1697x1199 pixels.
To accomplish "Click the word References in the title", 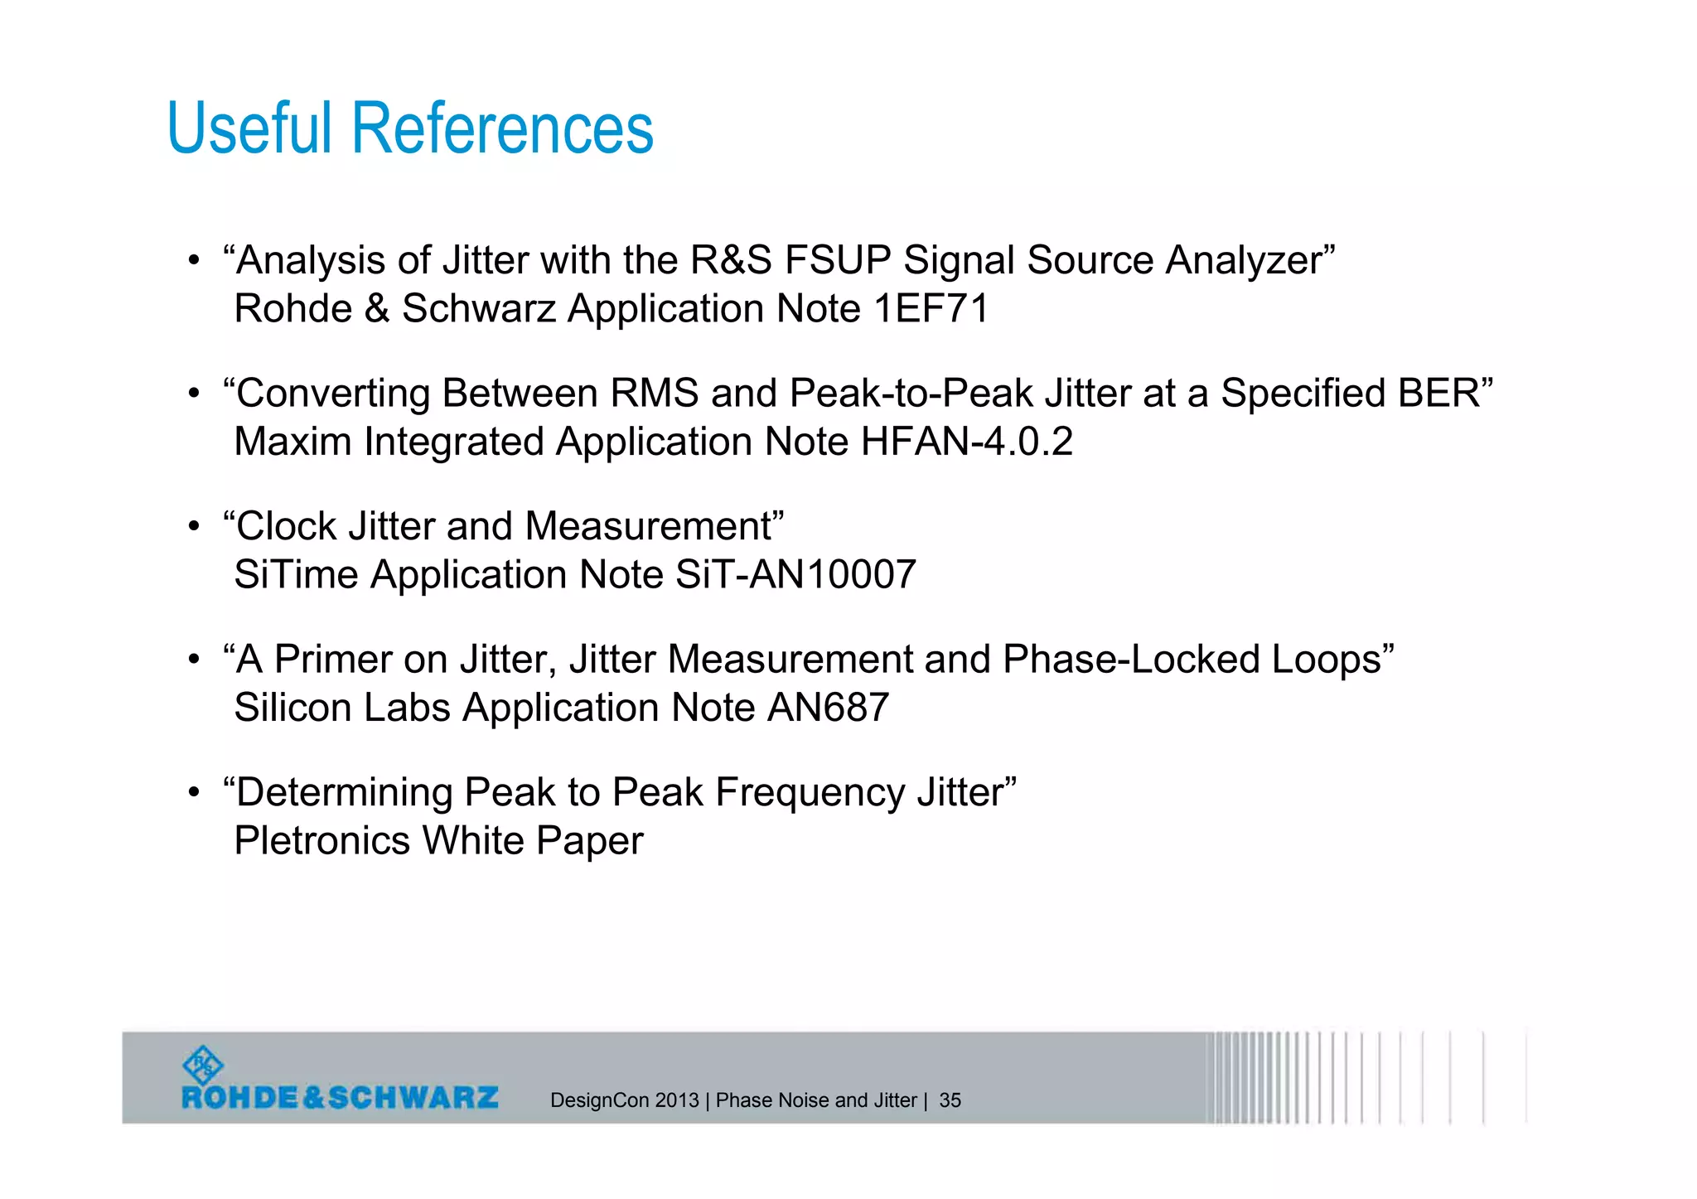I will tap(503, 128).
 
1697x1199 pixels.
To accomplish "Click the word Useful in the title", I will tap(249, 128).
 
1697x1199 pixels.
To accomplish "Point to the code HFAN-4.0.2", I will tap(966, 442).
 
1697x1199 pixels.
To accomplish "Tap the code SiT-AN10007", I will tap(795, 575).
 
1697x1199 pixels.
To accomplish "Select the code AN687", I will tap(828, 708).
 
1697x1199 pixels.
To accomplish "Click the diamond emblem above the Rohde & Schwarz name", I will tap(202, 1066).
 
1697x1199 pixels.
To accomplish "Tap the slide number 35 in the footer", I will tap(950, 1100).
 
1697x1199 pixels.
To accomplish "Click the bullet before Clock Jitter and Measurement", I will tap(194, 527).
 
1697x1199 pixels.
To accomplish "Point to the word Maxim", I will tap(293, 442).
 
